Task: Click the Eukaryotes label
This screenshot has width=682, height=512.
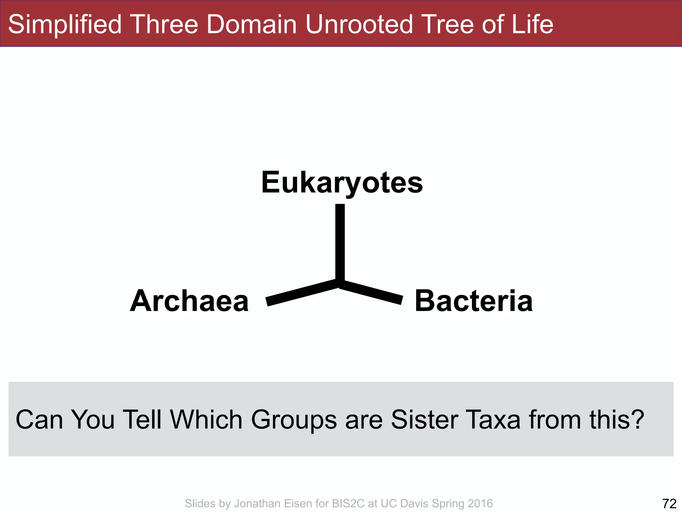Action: tap(342, 183)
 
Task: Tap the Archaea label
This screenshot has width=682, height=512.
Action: tap(189, 301)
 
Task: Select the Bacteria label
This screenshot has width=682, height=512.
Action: tap(474, 301)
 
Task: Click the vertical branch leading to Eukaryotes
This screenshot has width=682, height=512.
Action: tap(340, 242)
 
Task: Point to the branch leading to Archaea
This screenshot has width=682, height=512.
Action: tap(301, 292)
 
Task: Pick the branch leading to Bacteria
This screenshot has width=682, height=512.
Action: tap(371, 292)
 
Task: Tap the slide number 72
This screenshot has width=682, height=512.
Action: tap(669, 503)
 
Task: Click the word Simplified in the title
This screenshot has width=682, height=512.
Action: tap(65, 24)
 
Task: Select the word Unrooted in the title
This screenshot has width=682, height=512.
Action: tap(359, 24)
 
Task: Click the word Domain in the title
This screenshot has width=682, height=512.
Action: tap(251, 24)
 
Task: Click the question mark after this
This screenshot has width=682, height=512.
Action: tap(637, 420)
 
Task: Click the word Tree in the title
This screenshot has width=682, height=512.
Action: tap(445, 24)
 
